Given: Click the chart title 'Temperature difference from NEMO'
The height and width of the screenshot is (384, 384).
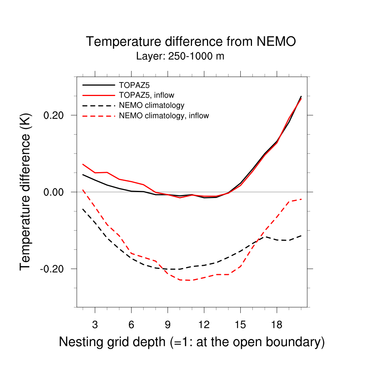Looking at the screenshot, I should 191,42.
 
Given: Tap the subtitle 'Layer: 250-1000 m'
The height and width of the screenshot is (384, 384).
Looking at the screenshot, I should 180,57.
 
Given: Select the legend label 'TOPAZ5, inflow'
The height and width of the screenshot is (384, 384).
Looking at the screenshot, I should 146,95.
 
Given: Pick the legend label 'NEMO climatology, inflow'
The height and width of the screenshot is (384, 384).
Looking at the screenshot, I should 163,115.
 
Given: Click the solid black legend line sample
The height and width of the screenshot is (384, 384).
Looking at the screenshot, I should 99,85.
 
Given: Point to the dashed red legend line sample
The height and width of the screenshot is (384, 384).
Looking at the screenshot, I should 99,116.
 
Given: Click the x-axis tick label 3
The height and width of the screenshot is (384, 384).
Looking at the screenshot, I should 95,325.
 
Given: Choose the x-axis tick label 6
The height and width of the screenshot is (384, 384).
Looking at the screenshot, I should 131,325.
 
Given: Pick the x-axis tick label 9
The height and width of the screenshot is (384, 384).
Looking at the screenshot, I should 168,325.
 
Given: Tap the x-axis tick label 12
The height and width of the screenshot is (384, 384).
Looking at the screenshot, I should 204,325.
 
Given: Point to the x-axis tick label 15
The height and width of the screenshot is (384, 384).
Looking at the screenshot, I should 240,325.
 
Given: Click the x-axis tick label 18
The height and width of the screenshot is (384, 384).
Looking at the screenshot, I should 276,325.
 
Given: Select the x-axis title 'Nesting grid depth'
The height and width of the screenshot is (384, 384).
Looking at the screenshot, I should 192,342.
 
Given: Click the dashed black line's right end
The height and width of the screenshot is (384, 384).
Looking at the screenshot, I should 301,235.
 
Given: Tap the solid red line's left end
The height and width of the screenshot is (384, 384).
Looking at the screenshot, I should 83,164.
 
